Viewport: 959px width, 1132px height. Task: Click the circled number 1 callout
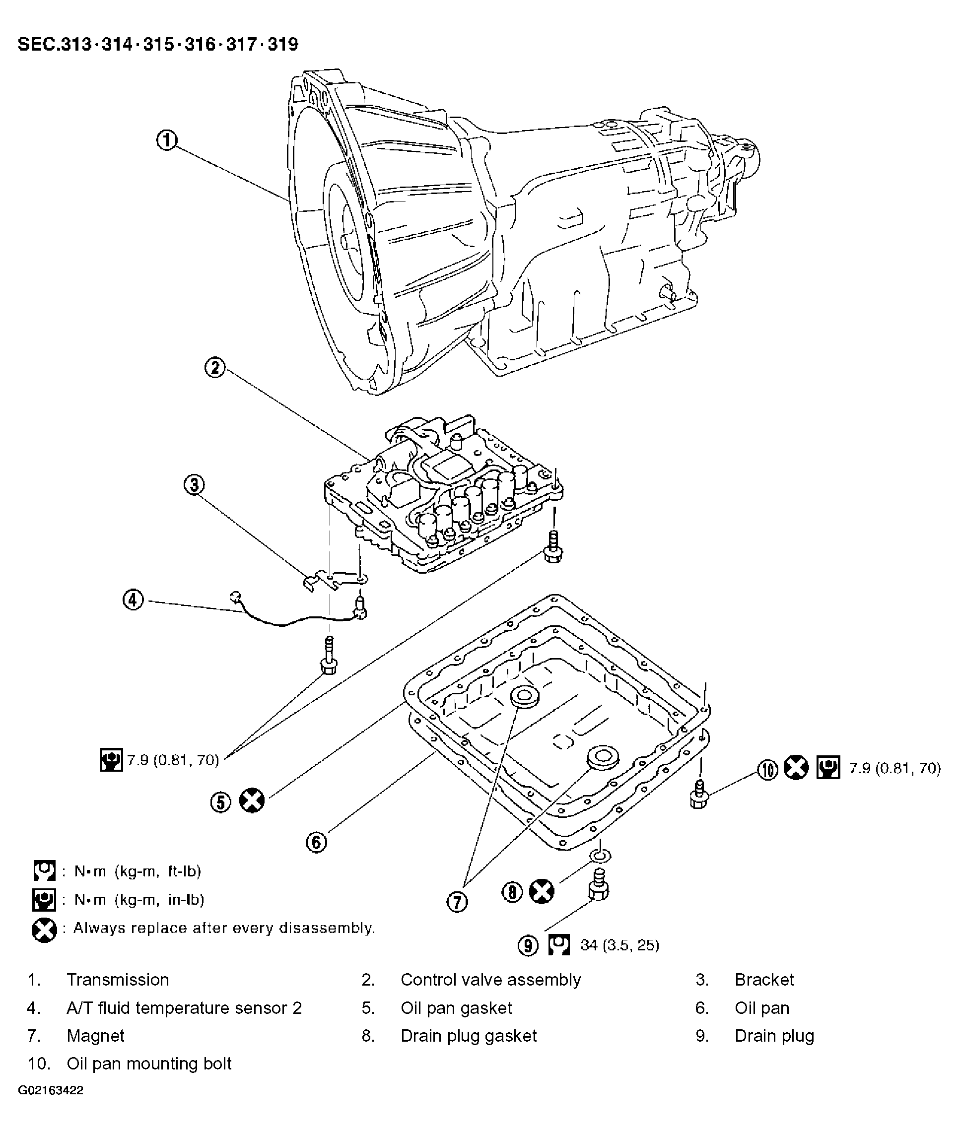167,141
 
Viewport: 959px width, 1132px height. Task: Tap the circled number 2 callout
215,368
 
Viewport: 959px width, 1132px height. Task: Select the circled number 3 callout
194,485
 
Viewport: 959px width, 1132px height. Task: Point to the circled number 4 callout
133,600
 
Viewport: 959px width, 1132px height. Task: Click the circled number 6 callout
316,842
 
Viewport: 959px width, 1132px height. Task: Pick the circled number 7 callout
457,902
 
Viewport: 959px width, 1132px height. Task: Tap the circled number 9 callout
528,945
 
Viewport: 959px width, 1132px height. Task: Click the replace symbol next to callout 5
252,800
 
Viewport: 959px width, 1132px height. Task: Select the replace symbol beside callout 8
542,891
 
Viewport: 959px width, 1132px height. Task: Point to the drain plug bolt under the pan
599,885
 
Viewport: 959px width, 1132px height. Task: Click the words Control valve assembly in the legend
491,980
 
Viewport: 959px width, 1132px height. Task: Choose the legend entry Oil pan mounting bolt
149,1064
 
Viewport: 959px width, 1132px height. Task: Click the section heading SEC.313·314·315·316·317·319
158,44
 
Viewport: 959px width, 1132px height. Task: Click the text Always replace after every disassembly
224,928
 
